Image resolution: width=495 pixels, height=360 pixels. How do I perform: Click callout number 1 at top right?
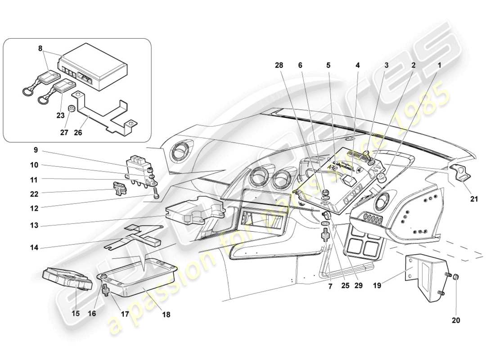tap(439, 65)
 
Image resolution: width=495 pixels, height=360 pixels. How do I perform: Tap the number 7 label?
tap(330, 286)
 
